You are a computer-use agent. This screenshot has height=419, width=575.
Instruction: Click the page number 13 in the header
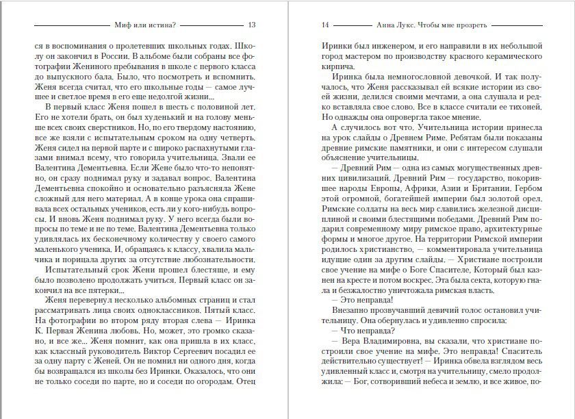click(x=252, y=25)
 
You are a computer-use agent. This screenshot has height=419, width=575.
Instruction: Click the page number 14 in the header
click(x=326, y=25)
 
